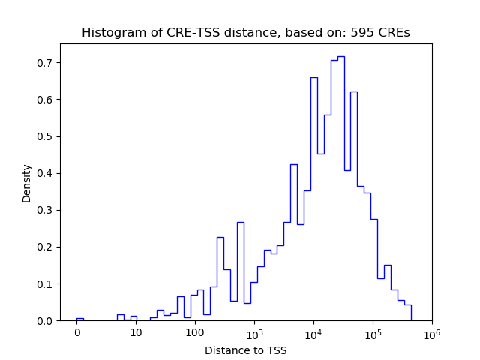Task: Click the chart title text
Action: click(x=245, y=33)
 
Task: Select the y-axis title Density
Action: click(x=27, y=183)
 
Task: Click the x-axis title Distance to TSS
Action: click(x=245, y=349)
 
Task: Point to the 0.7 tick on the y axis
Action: click(x=46, y=63)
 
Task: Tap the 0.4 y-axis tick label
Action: click(x=46, y=173)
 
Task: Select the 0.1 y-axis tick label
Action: click(x=46, y=283)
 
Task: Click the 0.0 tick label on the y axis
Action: click(x=46, y=320)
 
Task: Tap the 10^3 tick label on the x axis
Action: click(x=254, y=331)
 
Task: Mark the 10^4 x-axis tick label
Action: click(x=313, y=331)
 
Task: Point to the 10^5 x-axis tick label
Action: click(x=373, y=331)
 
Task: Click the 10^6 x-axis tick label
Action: click(x=431, y=331)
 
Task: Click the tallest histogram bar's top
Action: click(x=340, y=57)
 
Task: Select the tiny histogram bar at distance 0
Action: click(x=79, y=319)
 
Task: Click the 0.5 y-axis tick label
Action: click(x=46, y=136)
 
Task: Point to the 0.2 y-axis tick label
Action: click(x=46, y=247)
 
